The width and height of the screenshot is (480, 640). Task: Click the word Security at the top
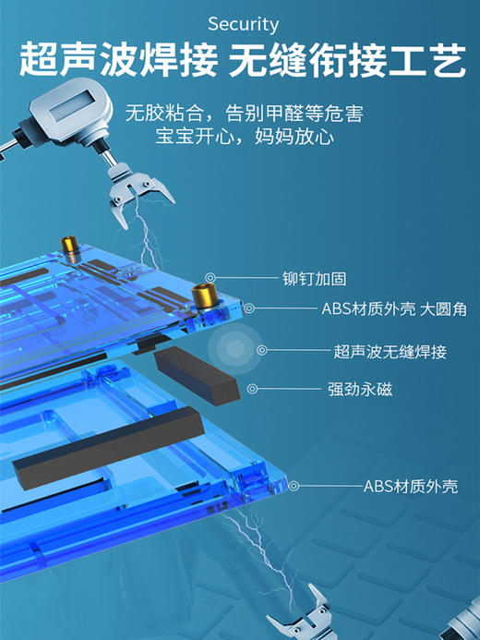[x=243, y=24]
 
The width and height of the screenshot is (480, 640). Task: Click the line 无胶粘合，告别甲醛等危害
[x=243, y=115]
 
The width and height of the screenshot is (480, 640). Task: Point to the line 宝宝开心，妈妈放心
[x=243, y=138]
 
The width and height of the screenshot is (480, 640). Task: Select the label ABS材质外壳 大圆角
[x=392, y=309]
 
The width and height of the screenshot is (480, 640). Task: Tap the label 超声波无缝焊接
[x=390, y=351]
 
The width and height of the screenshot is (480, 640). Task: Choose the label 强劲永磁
[x=359, y=390]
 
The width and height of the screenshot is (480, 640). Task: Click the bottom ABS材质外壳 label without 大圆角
[x=409, y=486]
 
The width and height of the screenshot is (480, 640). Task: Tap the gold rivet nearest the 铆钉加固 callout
[x=201, y=297]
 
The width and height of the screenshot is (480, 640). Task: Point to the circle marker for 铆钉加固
[x=211, y=277]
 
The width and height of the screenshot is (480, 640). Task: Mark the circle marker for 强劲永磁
[x=254, y=389]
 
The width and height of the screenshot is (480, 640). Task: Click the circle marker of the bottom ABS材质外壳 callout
[x=294, y=485]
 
